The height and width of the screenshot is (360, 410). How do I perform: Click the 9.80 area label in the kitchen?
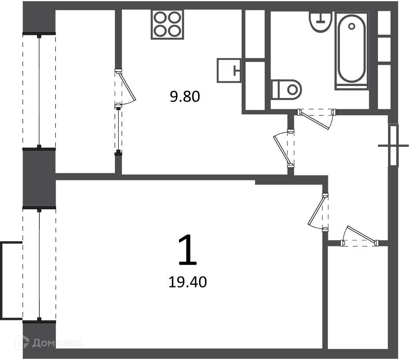(x=185, y=96)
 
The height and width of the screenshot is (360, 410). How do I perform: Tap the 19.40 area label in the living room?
(x=187, y=282)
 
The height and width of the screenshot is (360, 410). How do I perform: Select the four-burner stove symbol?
(x=167, y=24)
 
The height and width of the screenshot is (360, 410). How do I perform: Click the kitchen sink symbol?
(x=229, y=70)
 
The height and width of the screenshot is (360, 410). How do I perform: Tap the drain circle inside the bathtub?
(x=352, y=26)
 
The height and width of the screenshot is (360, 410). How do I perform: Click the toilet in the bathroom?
(x=286, y=90)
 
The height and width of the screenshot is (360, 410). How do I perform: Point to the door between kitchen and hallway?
(x=284, y=148)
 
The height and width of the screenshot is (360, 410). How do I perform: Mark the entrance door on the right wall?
(x=394, y=145)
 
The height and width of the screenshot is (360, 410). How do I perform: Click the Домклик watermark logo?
(x=48, y=342)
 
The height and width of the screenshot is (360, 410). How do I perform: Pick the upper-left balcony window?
(x=39, y=91)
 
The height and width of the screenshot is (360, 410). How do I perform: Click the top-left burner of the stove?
(x=160, y=18)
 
